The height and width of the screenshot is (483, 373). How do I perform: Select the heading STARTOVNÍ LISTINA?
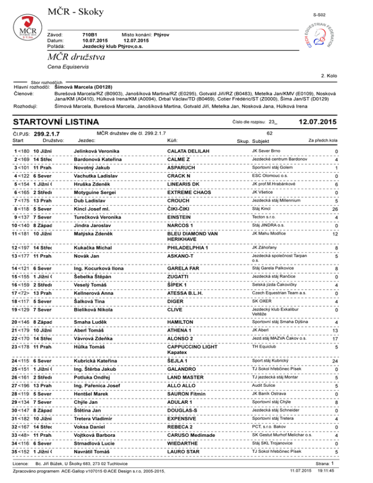pos(56,121)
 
